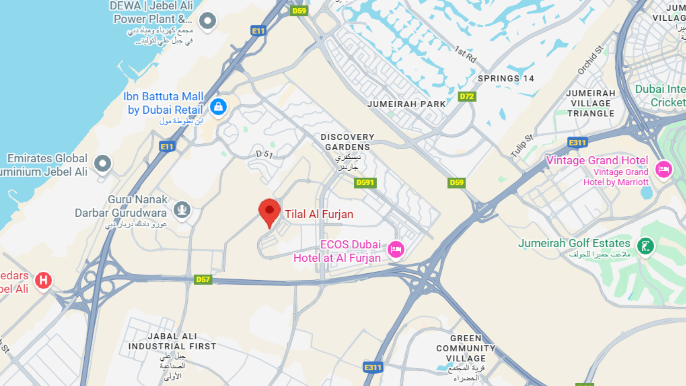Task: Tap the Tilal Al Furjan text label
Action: pos(319,214)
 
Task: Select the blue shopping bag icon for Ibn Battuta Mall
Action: pos(218,107)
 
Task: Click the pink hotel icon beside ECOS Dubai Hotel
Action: pos(396,249)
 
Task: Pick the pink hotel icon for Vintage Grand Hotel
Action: pos(663,169)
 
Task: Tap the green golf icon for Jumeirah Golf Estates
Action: pos(646,246)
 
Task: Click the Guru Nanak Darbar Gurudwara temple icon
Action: pos(182,209)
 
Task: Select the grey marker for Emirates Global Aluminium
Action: pos(103,164)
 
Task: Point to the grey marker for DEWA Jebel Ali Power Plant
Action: pos(208,20)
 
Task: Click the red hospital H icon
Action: pos(44,280)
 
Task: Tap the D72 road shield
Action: pos(467,96)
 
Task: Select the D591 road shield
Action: pos(365,183)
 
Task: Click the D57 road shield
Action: pos(203,279)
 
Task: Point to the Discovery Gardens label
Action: pos(347,142)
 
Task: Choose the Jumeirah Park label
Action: pos(407,104)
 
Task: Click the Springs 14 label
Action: pos(506,79)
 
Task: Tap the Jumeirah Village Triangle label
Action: pos(591,103)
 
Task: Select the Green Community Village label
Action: pos(466,348)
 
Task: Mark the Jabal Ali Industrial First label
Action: pos(172,341)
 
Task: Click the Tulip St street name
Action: pos(522,146)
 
